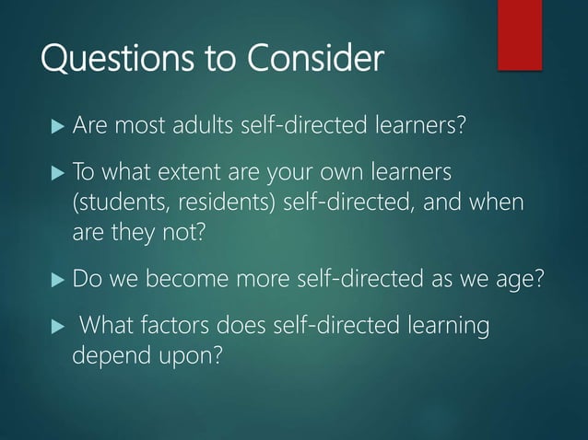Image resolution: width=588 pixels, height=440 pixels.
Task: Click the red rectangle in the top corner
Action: pyautogui.click(x=520, y=34)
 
